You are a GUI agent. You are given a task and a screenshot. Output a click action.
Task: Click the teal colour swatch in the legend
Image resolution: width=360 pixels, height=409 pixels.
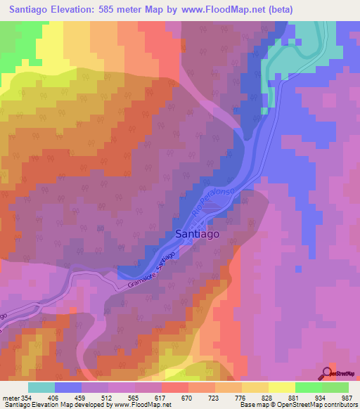pyautogui.click(x=41, y=387)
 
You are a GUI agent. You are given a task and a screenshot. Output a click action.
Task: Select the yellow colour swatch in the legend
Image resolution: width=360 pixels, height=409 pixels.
pyautogui.click(x=281, y=387)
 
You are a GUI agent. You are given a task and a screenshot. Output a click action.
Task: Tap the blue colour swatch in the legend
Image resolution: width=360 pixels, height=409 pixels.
pyautogui.click(x=68, y=387)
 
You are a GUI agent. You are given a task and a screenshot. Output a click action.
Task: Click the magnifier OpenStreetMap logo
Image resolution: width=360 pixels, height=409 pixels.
pyautogui.click(x=328, y=373)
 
